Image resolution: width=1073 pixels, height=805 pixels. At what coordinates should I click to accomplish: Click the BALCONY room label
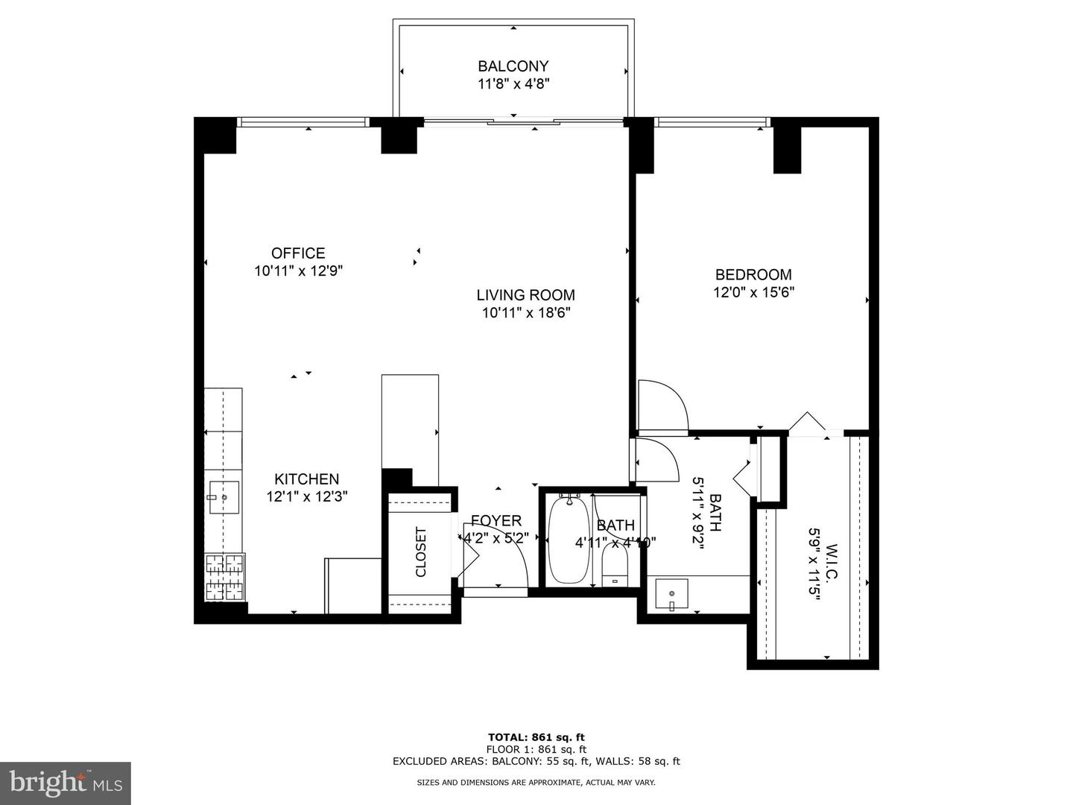[x=513, y=66]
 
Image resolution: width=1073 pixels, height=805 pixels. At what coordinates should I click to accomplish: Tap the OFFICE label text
[x=298, y=253]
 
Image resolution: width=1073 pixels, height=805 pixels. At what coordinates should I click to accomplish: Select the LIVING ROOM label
[x=525, y=295]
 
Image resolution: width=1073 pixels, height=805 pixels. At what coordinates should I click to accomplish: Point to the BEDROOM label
[x=753, y=274]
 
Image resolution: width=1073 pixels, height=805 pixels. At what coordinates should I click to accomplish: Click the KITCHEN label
[x=307, y=479]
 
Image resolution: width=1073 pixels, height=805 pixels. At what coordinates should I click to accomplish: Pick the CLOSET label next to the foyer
[x=421, y=552]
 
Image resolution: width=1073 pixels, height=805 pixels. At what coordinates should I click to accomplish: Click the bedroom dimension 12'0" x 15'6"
[x=753, y=293]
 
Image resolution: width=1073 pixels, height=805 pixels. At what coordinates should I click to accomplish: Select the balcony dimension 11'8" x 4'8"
[x=513, y=84]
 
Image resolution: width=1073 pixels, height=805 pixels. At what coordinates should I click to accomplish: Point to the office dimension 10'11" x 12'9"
[x=298, y=271]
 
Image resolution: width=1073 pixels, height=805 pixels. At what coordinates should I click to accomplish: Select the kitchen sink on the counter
[x=224, y=498]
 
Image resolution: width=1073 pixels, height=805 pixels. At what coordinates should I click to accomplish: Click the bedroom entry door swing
[x=663, y=406]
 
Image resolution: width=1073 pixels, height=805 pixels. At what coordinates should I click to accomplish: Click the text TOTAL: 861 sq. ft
[x=536, y=737]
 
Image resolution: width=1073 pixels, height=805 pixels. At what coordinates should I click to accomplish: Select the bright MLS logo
[x=66, y=783]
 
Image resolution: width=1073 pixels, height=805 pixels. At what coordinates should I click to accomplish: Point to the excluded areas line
[x=536, y=761]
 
